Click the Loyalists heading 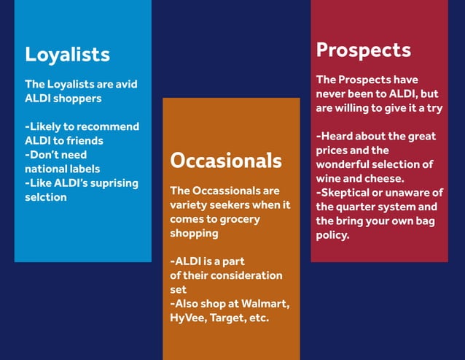[x=67, y=54]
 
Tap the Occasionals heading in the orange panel [x=225, y=160]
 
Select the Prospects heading [x=363, y=50]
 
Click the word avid [x=124, y=84]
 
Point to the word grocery [x=238, y=218]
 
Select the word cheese [x=385, y=177]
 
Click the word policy [x=332, y=235]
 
